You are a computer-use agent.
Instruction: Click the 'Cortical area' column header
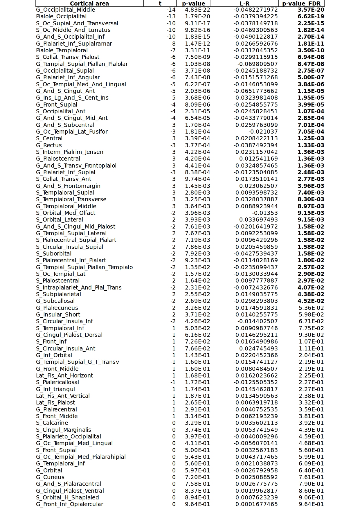coord(89,3)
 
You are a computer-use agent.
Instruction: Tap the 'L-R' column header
coord(244,3)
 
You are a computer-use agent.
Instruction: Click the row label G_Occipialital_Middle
coord(65,10)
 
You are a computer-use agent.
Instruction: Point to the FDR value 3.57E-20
coord(311,10)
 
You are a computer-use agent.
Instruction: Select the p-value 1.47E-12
coord(197,44)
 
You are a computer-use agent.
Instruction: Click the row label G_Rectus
coord(49,145)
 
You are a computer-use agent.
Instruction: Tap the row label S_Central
coord(49,139)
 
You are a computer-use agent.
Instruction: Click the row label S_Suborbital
coord(54,254)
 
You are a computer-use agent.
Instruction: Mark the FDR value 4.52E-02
coord(311,301)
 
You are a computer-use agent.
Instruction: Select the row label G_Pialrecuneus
coord(57,308)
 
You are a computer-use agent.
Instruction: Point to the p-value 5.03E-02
coord(197,328)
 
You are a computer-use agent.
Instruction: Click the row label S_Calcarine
coord(52,423)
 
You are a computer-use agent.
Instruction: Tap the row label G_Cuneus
coord(50,477)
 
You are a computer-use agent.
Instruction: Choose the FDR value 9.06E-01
coord(311,498)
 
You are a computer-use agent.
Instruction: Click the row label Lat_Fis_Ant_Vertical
coord(63,396)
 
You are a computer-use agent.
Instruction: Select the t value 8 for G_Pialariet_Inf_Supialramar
coord(174,44)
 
